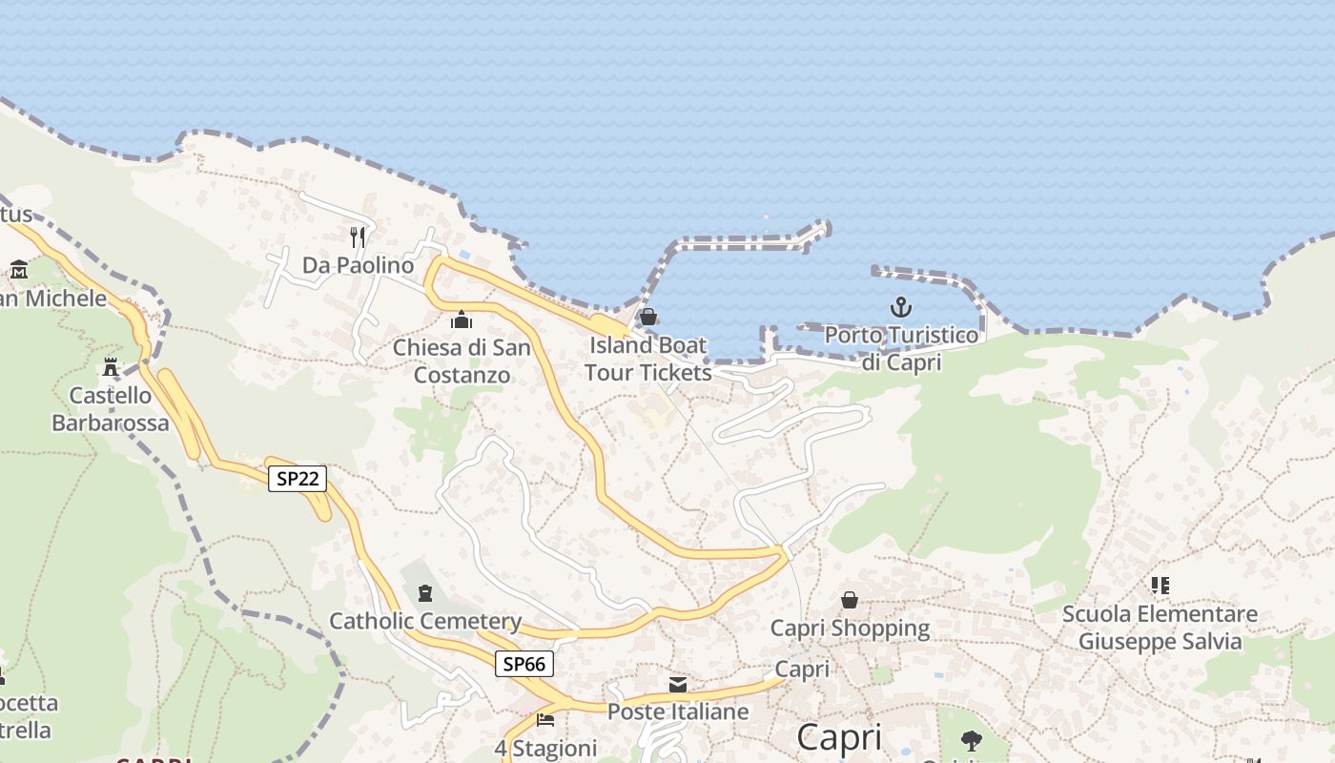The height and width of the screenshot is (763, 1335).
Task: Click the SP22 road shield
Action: (x=298, y=479)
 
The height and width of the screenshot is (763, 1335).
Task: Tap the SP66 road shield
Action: (x=524, y=664)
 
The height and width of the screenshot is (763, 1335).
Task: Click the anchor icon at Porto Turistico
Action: (x=901, y=307)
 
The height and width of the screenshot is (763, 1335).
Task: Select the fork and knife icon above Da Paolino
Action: (x=358, y=237)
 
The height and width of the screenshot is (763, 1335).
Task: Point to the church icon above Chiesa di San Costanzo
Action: (x=462, y=320)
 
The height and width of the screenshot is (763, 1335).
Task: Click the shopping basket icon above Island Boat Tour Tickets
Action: (x=648, y=317)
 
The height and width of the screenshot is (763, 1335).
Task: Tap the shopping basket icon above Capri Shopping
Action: (x=850, y=600)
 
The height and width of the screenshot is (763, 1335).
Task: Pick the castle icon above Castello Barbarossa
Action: (x=111, y=367)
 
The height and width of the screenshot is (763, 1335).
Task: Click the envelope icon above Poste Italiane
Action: (x=678, y=684)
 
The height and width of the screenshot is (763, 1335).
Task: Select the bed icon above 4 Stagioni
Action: (x=545, y=719)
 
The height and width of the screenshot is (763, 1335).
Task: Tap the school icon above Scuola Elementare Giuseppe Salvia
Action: (x=1160, y=585)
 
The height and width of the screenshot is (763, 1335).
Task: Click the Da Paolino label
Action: (x=359, y=265)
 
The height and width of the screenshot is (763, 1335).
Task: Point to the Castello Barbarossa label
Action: (x=111, y=409)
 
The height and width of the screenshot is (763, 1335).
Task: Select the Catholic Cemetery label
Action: (x=425, y=622)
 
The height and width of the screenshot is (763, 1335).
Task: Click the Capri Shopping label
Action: (x=850, y=628)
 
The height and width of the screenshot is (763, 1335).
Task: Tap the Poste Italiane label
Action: (x=678, y=711)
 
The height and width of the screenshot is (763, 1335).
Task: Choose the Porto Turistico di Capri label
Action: (x=901, y=349)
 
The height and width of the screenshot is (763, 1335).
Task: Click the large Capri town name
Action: (x=839, y=737)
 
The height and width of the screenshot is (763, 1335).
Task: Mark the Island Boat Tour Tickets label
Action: (x=648, y=359)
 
